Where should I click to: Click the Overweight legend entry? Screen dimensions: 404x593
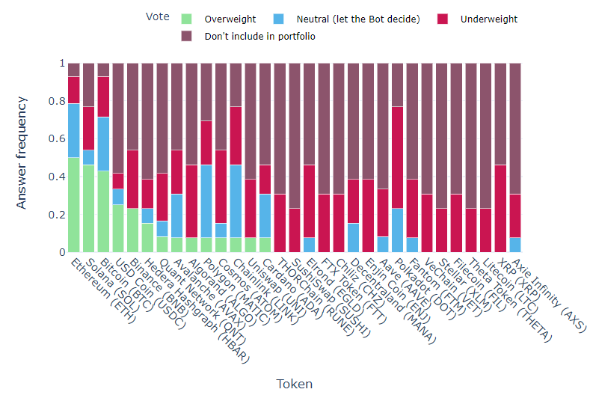(x=230, y=19)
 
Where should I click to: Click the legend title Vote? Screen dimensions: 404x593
(x=157, y=17)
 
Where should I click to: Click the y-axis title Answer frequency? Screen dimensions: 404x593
(x=22, y=152)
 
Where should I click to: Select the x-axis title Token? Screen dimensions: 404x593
(x=295, y=384)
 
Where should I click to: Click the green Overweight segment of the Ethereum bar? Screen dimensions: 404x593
(x=74, y=205)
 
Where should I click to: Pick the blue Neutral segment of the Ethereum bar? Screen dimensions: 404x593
(x=74, y=130)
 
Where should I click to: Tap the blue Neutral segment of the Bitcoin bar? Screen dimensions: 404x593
(x=103, y=144)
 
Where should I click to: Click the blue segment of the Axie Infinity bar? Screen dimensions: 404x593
(x=515, y=245)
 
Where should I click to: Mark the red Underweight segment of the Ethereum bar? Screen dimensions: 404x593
(x=74, y=90)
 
